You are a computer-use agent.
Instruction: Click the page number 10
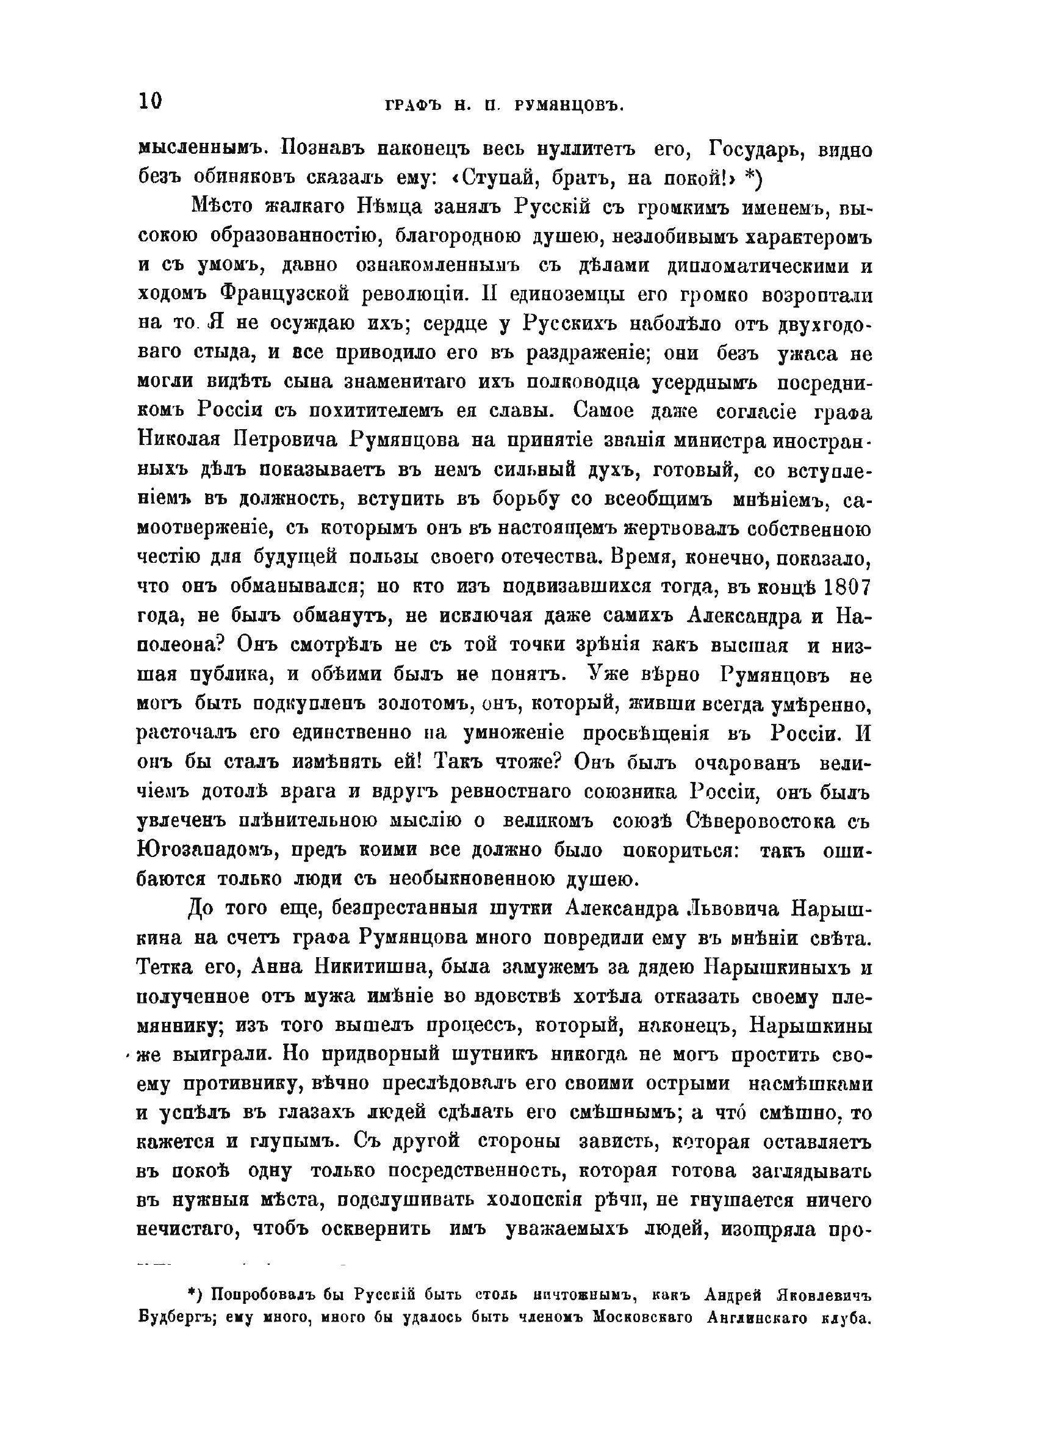pos(150,101)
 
